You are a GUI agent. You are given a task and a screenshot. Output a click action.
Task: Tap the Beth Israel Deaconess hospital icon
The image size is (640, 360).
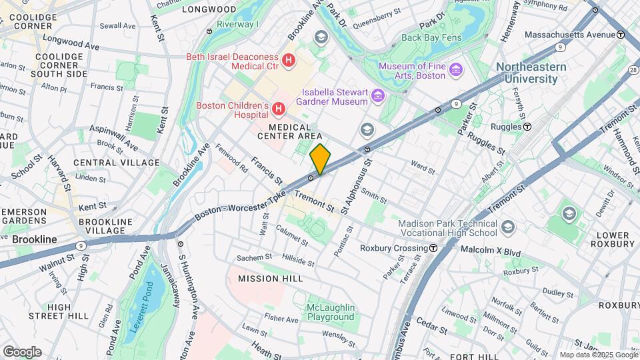(x=289, y=61)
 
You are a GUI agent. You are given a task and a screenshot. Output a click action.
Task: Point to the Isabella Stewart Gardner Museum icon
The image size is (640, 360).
(x=378, y=97)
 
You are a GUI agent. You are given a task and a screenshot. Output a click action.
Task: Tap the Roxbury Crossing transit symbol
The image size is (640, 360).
(x=433, y=248)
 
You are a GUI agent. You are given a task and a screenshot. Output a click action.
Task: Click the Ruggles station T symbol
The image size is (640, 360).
(x=527, y=126)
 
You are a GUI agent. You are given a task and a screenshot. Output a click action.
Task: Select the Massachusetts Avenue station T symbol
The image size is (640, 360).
(x=620, y=34)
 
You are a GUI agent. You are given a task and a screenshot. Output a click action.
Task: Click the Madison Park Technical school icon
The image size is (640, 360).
(x=508, y=225)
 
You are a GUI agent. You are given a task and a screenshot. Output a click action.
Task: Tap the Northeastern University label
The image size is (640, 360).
(x=531, y=73)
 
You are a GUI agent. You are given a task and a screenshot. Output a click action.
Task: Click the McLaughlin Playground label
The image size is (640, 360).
(x=330, y=312)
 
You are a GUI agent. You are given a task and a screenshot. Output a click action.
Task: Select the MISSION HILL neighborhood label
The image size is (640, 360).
(x=271, y=279)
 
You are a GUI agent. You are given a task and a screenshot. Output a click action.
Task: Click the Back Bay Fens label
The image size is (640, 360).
(x=431, y=38)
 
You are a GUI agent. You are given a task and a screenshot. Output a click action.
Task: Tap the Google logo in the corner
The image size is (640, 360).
(x=22, y=352)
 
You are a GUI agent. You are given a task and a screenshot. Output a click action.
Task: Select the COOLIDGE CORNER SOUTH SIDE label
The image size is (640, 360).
(x=59, y=65)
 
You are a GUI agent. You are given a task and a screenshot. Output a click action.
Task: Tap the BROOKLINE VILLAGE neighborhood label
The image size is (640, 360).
(x=102, y=225)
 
